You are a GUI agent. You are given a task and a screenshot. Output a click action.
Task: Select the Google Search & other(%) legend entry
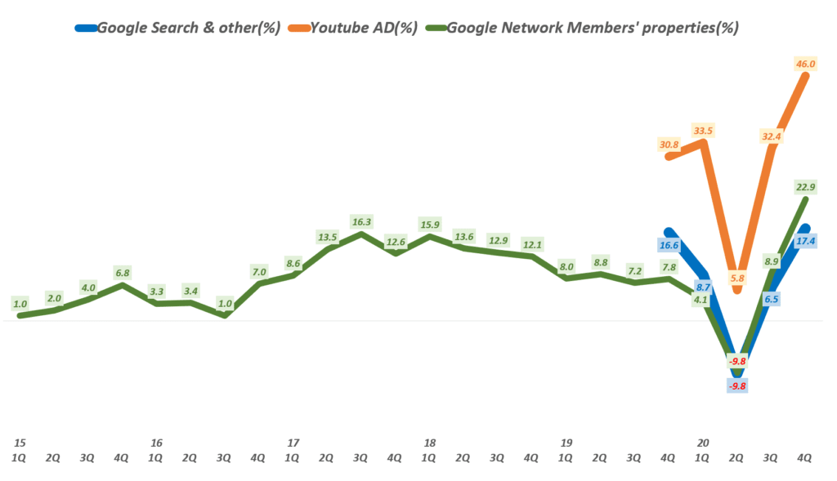coord(188,27)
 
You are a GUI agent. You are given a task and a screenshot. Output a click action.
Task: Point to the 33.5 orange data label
coord(702,130)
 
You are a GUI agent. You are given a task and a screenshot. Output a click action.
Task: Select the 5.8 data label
coord(737,278)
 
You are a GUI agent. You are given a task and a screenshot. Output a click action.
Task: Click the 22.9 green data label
coord(803,187)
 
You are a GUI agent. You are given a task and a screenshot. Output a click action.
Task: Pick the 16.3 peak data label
coord(361,221)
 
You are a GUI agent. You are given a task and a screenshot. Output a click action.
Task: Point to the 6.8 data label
coord(123,272)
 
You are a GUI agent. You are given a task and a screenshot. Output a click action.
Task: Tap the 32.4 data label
coord(770,137)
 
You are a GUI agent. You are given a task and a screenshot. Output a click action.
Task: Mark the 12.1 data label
coord(532,244)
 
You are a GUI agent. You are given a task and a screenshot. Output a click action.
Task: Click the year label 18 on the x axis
coord(429,443)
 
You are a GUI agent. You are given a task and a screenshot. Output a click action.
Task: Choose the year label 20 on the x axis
coord(702,443)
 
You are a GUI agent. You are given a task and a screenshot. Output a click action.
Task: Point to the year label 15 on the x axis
coord(20,443)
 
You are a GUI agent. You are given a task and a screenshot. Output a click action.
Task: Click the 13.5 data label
coord(327,237)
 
